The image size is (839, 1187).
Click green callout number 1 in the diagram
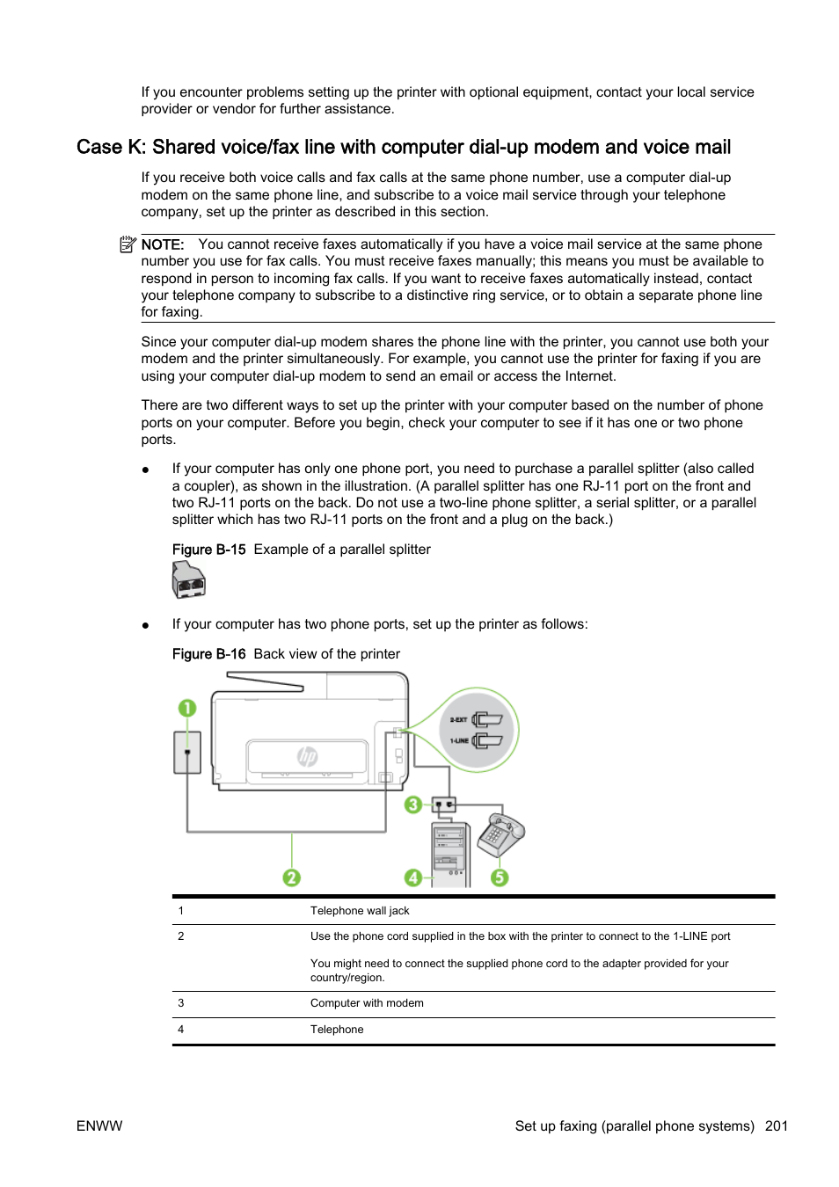tap(186, 708)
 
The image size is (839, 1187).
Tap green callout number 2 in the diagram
tap(291, 878)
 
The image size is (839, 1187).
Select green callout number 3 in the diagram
tap(412, 805)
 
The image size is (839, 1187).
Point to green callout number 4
tap(412, 878)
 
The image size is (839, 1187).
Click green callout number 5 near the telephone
tap(500, 878)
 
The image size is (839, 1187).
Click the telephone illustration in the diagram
tap(500, 834)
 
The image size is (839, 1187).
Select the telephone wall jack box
tap(187, 753)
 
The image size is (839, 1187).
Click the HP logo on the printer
tap(307, 756)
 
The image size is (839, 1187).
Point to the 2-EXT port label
tap(458, 720)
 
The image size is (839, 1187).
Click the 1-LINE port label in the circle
tap(459, 741)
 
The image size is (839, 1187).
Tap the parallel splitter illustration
tap(188, 580)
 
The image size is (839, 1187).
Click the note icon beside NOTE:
tap(128, 244)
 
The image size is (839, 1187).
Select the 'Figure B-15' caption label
tap(208, 550)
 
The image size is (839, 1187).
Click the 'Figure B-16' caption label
tap(208, 654)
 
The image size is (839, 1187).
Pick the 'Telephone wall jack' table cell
tap(360, 911)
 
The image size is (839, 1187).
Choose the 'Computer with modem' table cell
tap(367, 1003)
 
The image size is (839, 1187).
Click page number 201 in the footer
tap(776, 1126)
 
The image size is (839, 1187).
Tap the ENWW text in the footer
tap(99, 1126)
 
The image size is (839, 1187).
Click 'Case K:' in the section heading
tap(111, 148)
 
